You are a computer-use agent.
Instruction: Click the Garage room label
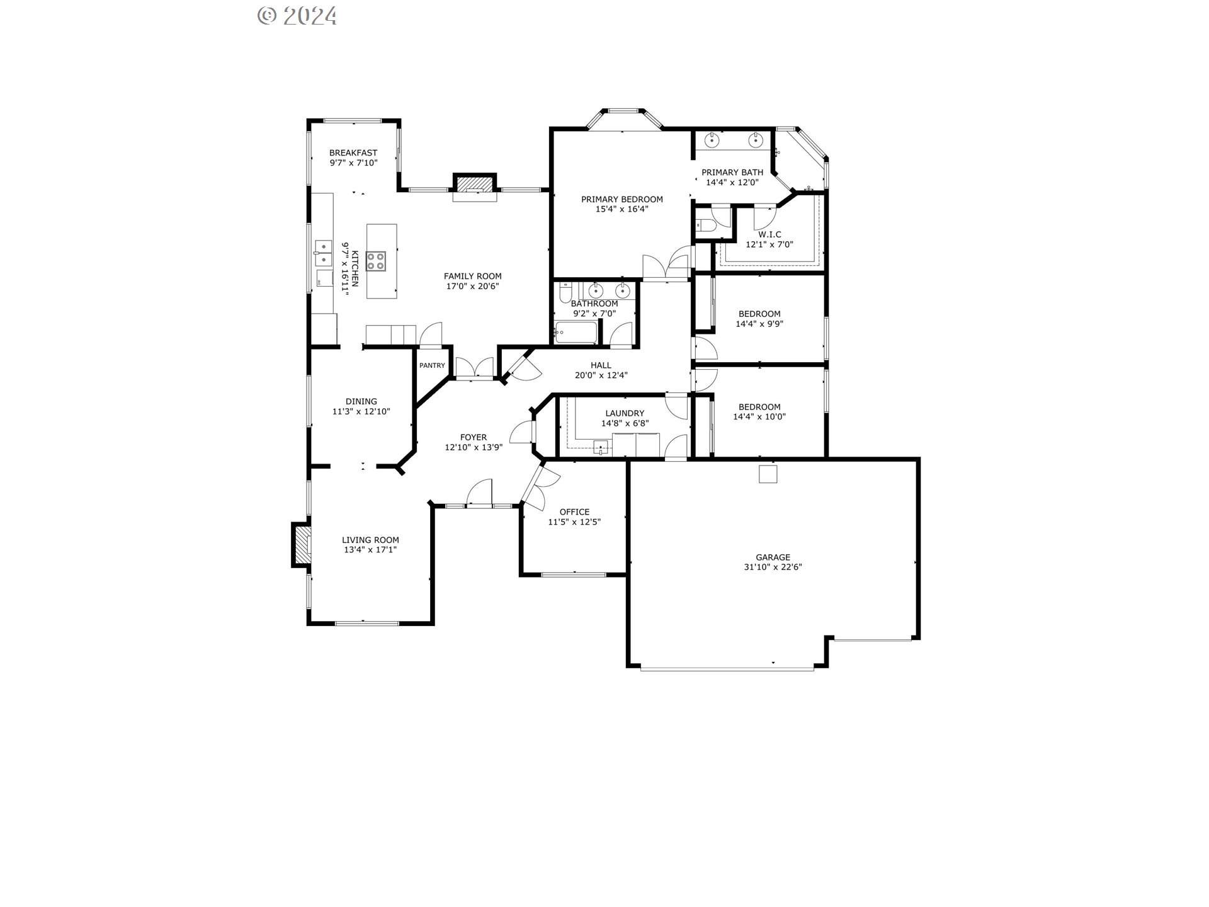coord(773,557)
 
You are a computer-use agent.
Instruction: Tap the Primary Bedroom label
coord(622,200)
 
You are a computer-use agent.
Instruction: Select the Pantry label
coord(432,365)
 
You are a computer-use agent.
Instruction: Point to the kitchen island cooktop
coord(376,261)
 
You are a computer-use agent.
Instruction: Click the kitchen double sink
coord(324,252)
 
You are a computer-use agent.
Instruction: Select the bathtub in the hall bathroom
coord(576,333)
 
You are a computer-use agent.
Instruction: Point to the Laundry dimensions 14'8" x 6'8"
coord(625,423)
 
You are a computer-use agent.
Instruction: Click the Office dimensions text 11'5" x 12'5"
coord(574,522)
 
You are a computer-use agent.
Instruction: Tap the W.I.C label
coord(769,234)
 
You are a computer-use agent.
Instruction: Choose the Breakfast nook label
coord(353,153)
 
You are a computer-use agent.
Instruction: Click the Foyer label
coord(474,437)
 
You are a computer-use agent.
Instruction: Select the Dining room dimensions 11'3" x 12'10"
coord(361,411)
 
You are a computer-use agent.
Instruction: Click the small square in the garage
coord(768,474)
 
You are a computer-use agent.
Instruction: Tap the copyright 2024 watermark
coord(297,15)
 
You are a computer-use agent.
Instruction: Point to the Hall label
coord(601,365)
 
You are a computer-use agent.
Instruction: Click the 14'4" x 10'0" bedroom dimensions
coord(759,416)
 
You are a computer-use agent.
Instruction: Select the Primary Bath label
coord(732,172)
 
